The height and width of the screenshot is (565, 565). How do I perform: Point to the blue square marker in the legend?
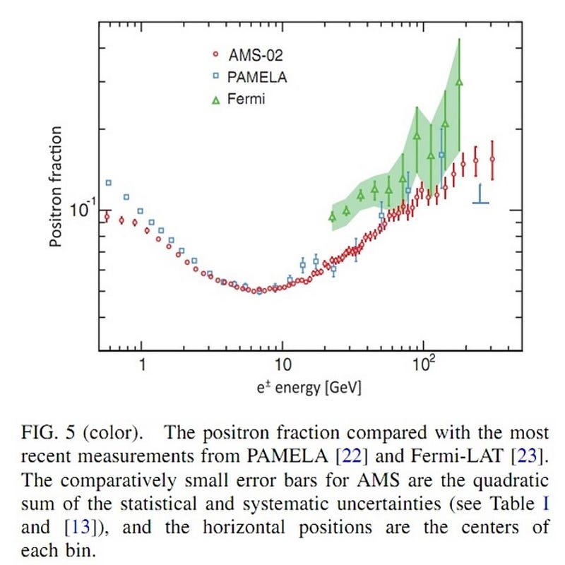click(218, 77)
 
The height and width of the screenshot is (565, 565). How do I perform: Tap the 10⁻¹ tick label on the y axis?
click(83, 210)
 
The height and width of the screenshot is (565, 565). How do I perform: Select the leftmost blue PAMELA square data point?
click(109, 183)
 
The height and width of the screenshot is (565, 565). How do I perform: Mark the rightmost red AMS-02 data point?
click(492, 160)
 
